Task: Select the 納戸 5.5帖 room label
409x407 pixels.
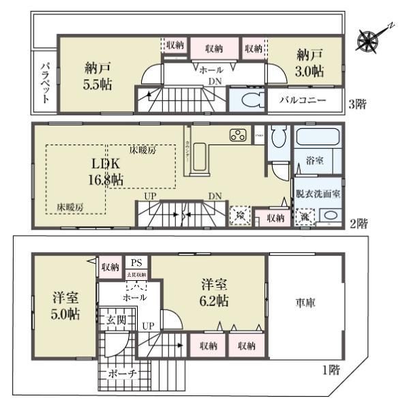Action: coord(98,76)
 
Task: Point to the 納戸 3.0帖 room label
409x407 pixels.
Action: coord(309,63)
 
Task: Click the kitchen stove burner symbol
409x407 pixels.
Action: coord(238,135)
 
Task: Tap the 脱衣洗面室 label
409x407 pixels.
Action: coord(318,194)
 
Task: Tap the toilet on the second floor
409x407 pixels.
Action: coord(276,140)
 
